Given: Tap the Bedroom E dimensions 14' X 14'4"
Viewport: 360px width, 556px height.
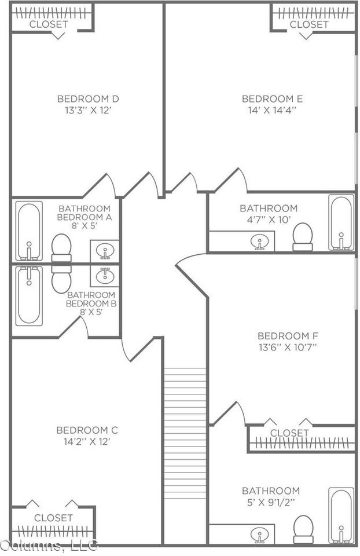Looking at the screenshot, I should pyautogui.click(x=272, y=109).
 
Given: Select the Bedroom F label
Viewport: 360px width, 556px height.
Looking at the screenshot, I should pyautogui.click(x=288, y=336).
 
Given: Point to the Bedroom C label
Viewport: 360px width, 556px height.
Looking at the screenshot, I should pyautogui.click(x=87, y=430).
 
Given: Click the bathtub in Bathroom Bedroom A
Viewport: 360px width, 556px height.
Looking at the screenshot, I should pyautogui.click(x=28, y=231).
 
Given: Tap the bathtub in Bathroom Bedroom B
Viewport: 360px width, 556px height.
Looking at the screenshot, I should pyautogui.click(x=28, y=295).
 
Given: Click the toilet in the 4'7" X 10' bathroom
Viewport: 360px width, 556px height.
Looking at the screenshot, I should pyautogui.click(x=302, y=237).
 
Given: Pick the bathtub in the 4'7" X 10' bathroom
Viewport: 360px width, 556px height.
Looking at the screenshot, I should pyautogui.click(x=341, y=222).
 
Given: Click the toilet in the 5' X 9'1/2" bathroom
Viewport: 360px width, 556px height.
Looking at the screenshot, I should pyautogui.click(x=303, y=529).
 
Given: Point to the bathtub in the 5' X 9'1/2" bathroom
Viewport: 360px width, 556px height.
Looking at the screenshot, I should pyautogui.click(x=341, y=515).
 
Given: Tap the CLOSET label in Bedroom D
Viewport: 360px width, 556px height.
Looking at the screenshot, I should pyautogui.click(x=49, y=24).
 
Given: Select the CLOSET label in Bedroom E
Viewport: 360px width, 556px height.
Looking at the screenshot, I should pyautogui.click(x=309, y=24).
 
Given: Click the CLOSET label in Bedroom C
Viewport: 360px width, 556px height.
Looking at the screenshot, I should pyautogui.click(x=53, y=517).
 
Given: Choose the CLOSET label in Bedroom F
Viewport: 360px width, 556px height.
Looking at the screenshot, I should pyautogui.click(x=289, y=433).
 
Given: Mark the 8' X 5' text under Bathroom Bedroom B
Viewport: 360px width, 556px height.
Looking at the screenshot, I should pyautogui.click(x=91, y=312).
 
